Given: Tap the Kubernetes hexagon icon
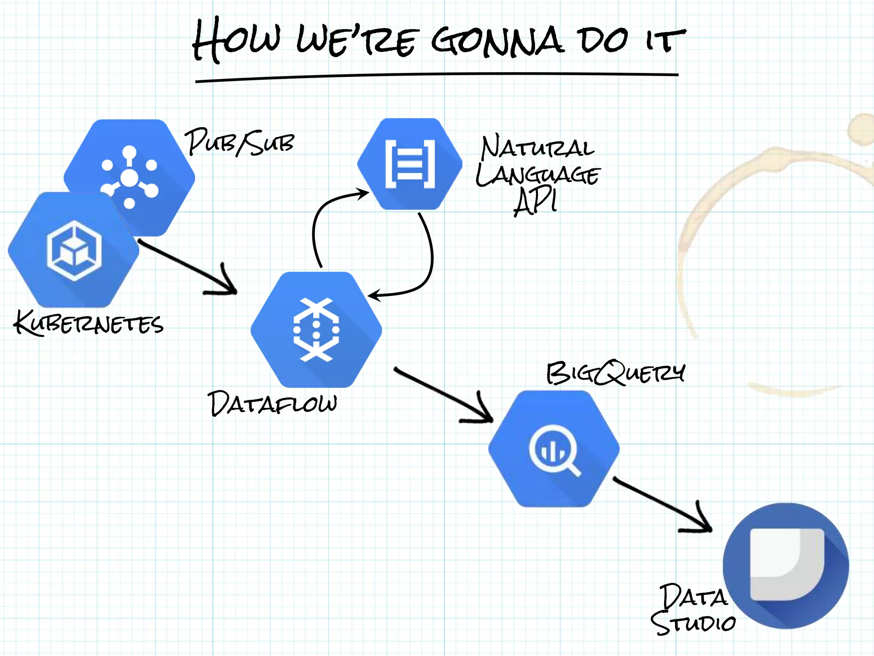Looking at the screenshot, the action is click(74, 250).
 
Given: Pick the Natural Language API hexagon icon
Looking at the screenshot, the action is click(410, 164).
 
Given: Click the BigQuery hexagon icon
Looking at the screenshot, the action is click(554, 449).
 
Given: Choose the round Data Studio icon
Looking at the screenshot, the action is click(786, 565).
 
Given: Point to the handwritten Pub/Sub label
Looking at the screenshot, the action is click(239, 142).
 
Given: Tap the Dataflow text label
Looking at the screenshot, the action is click(272, 403).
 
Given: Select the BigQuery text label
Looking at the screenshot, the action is click(616, 373).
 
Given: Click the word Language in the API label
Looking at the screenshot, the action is click(538, 175).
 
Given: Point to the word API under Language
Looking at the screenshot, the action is click(536, 202).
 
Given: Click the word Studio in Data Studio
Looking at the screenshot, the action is click(693, 623).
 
